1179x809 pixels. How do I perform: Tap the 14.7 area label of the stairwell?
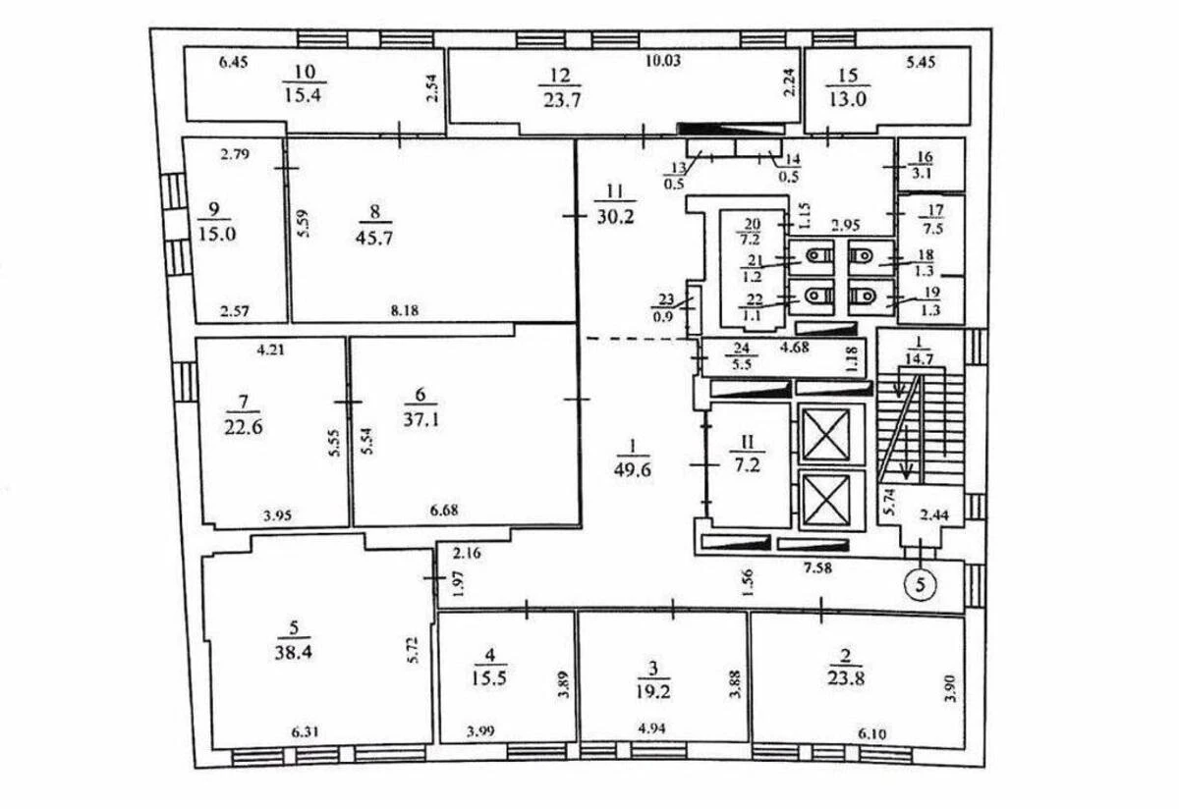click(x=920, y=359)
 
